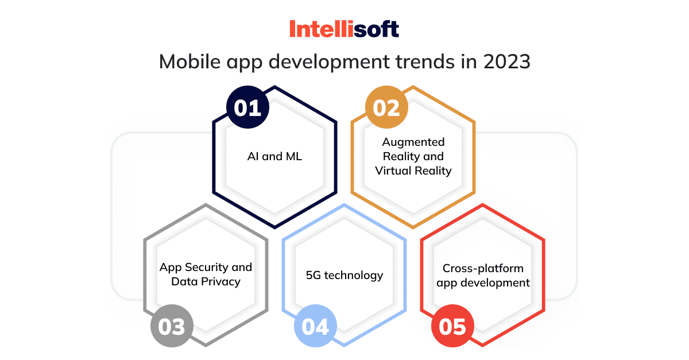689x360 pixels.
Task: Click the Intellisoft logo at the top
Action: (344, 29)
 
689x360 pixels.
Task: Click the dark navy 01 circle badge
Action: (247, 108)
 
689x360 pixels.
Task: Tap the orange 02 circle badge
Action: (386, 108)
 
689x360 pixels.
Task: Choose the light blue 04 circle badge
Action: (315, 327)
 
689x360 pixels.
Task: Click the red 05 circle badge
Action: (452, 327)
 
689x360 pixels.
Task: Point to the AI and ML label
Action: (274, 156)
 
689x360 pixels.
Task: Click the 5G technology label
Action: (344, 275)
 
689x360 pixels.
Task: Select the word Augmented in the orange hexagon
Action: (413, 142)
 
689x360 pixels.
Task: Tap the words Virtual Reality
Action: (413, 171)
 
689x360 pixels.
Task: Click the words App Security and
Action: (206, 267)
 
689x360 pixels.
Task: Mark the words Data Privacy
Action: (206, 281)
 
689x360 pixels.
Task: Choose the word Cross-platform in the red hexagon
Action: (483, 268)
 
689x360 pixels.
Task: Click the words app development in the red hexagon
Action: (483, 282)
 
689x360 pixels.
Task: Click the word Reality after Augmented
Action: (408, 156)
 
